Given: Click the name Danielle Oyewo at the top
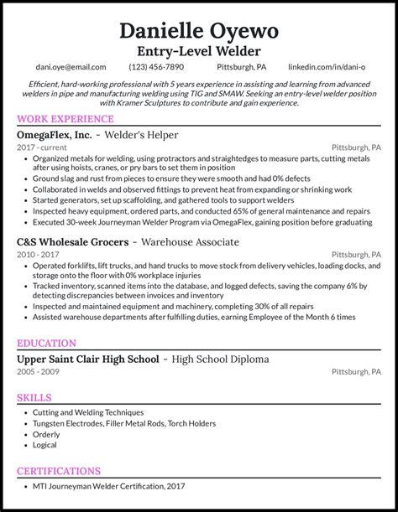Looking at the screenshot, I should [199, 31].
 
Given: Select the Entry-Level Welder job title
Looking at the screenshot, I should [199, 51].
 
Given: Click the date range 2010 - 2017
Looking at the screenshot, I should [37, 255].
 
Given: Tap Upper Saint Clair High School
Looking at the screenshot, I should [87, 359].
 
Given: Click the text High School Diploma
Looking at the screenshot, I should [221, 359].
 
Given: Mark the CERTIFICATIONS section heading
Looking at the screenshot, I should [59, 471].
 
